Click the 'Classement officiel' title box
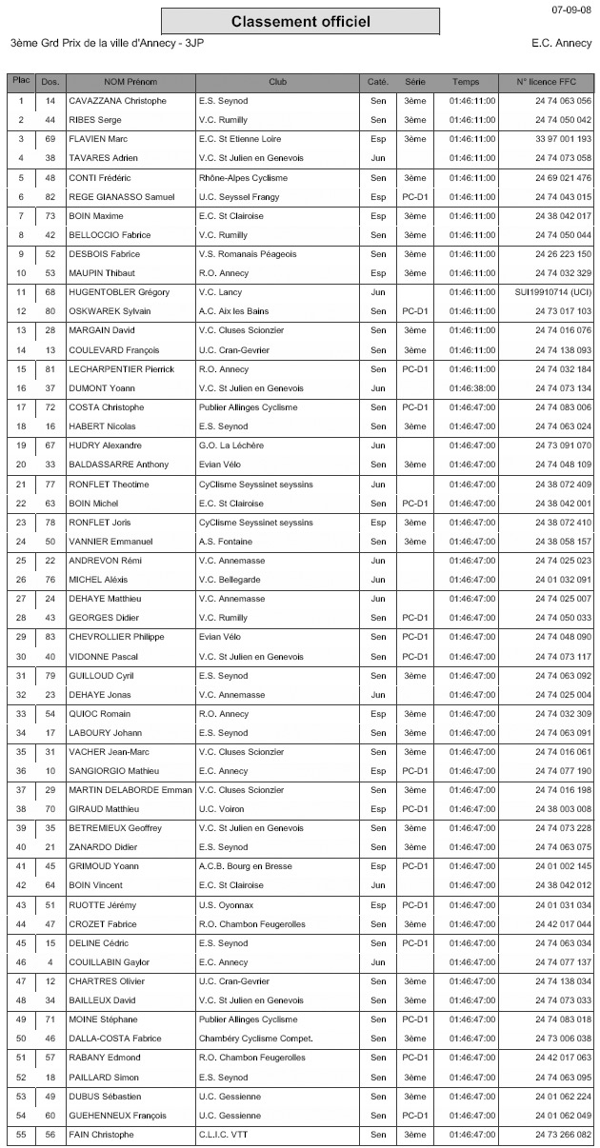300,21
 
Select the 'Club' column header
278,82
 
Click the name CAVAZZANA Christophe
118,101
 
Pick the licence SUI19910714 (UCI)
552,292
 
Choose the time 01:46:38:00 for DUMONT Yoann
472,388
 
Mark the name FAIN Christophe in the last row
102,1135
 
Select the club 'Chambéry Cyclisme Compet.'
255,1039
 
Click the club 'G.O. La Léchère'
233,445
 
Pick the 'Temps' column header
466,82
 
